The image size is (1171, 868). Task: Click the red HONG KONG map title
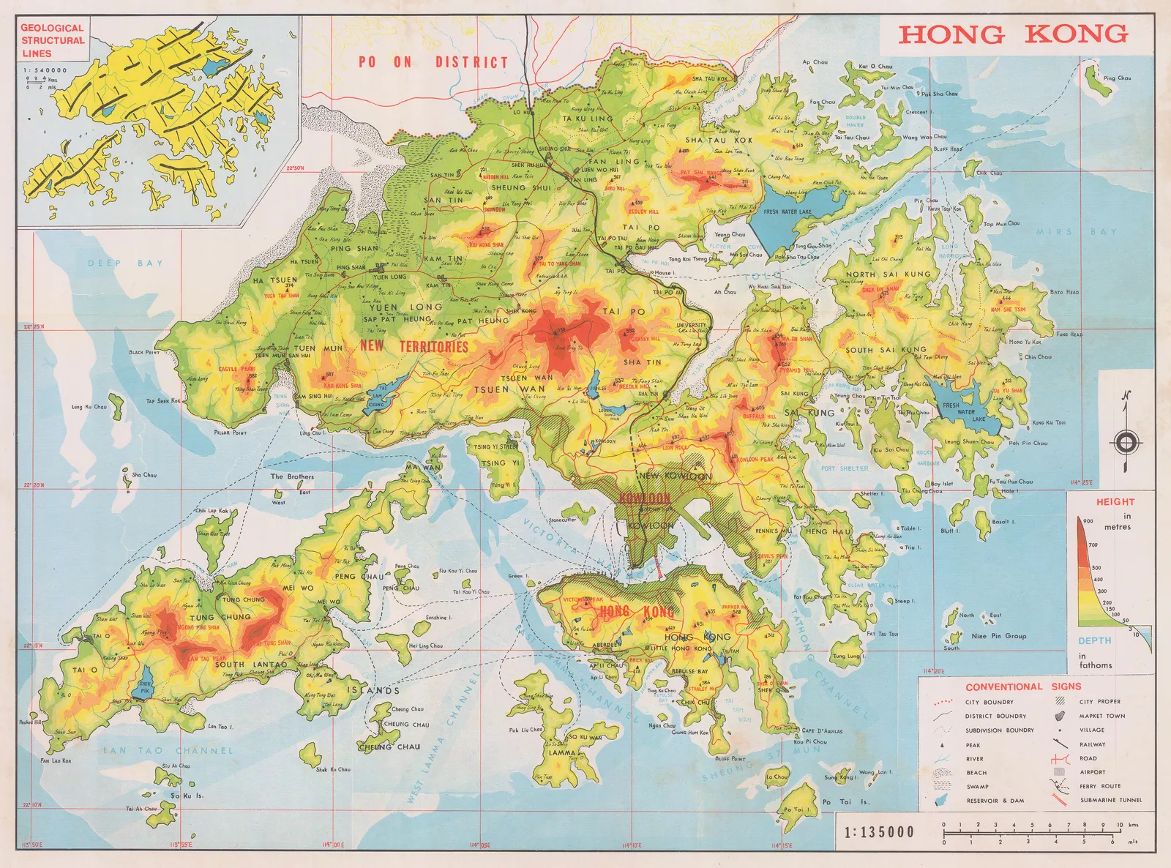pyautogui.click(x=1013, y=34)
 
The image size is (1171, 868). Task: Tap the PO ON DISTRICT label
pyautogui.click(x=433, y=62)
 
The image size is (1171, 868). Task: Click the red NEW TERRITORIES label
pyautogui.click(x=414, y=346)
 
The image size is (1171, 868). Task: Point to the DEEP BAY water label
pyautogui.click(x=125, y=263)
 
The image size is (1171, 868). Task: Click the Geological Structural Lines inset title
pyautogui.click(x=52, y=40)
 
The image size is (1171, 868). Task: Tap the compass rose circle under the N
pyautogui.click(x=1126, y=443)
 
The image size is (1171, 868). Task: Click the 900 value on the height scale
pyautogui.click(x=1088, y=521)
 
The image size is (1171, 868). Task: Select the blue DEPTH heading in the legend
pyautogui.click(x=1094, y=640)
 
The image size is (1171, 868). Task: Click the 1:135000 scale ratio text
pyautogui.click(x=879, y=832)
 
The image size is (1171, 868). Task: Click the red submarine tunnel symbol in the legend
pyautogui.click(x=1059, y=800)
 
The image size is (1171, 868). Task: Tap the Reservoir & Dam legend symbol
pyautogui.click(x=940, y=801)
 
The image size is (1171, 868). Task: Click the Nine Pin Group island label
pyautogui.click(x=998, y=636)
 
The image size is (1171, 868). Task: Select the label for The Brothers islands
pyautogui.click(x=292, y=476)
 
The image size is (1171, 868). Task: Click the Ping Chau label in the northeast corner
pyautogui.click(x=1117, y=78)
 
